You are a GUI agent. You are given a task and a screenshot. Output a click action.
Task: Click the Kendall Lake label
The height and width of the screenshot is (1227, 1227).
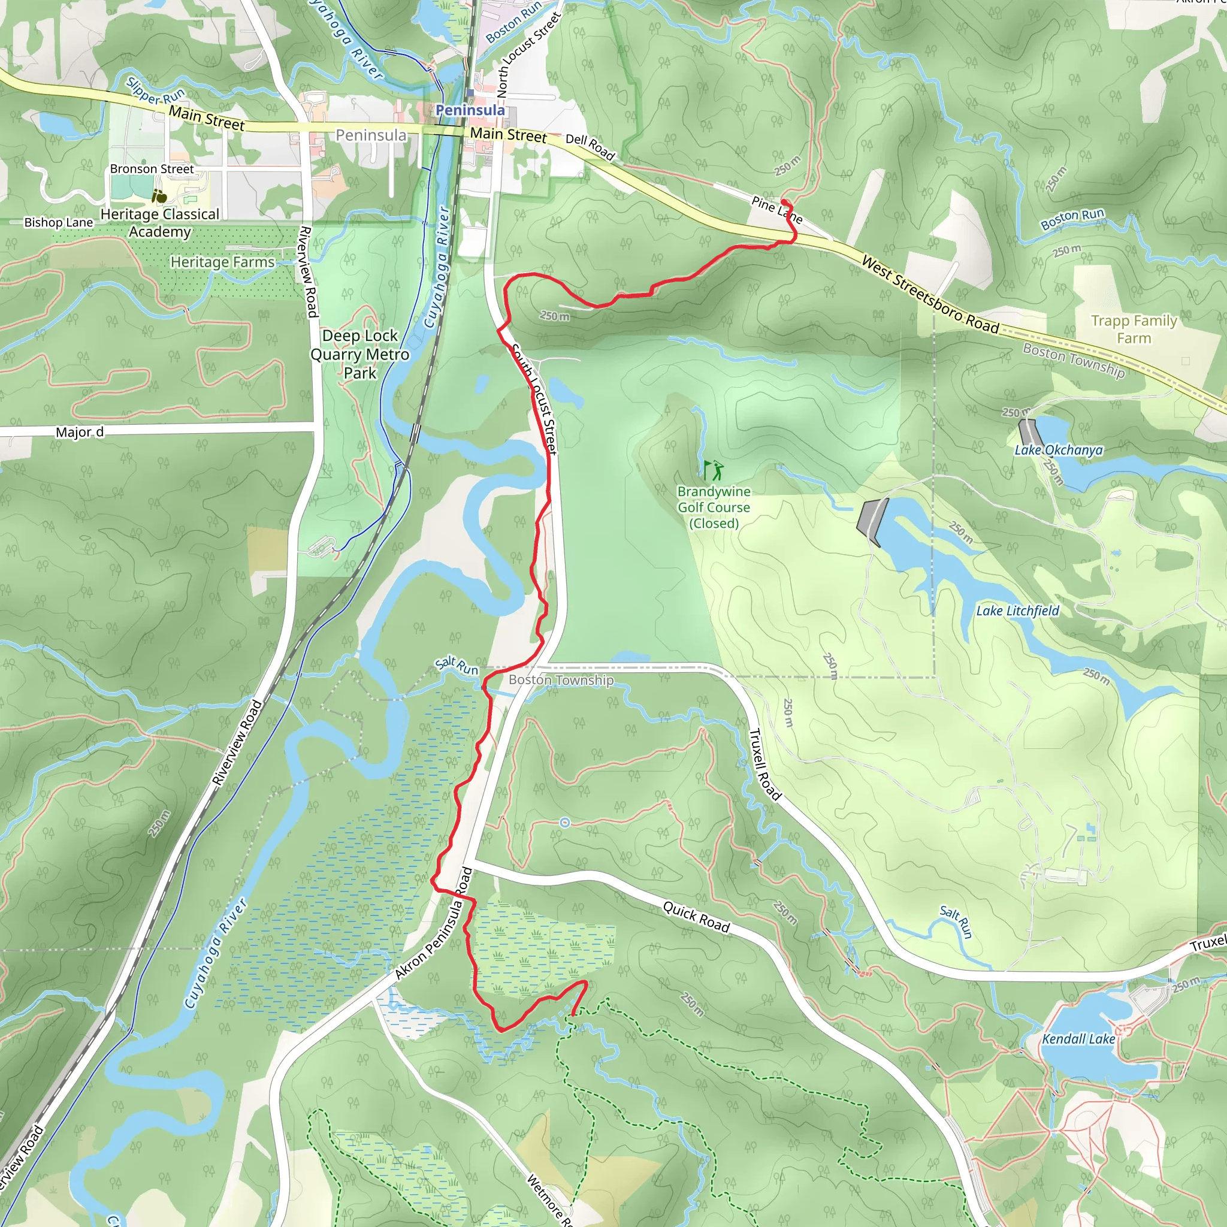point(1078,1039)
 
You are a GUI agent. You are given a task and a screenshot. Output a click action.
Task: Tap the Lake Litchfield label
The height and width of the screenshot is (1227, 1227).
point(1017,611)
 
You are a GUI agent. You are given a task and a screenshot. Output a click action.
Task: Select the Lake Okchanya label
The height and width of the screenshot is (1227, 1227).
point(1058,451)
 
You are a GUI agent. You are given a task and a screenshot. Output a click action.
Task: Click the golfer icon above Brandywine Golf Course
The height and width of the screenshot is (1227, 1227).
point(712,470)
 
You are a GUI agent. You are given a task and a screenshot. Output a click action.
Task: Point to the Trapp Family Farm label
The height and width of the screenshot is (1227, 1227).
point(1134,329)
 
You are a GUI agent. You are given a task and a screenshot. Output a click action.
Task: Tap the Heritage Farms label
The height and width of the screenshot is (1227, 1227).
point(222,262)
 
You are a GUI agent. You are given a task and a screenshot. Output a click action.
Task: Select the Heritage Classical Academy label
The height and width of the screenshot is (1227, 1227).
point(160,223)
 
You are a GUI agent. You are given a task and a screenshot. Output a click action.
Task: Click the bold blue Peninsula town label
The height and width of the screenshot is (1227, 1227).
point(470,110)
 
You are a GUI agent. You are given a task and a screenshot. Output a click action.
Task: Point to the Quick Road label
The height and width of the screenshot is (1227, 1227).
point(696,917)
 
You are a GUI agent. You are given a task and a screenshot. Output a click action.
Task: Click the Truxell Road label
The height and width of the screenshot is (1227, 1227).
point(764,764)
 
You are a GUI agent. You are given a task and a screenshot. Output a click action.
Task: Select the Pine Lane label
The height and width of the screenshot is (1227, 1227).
point(776,210)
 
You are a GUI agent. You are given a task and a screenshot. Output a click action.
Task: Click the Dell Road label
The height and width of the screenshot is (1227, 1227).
point(590,147)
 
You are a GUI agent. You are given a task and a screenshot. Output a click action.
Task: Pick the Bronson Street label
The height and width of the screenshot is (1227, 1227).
point(152,169)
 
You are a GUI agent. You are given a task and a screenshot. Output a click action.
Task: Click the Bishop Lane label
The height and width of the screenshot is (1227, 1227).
point(59,222)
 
